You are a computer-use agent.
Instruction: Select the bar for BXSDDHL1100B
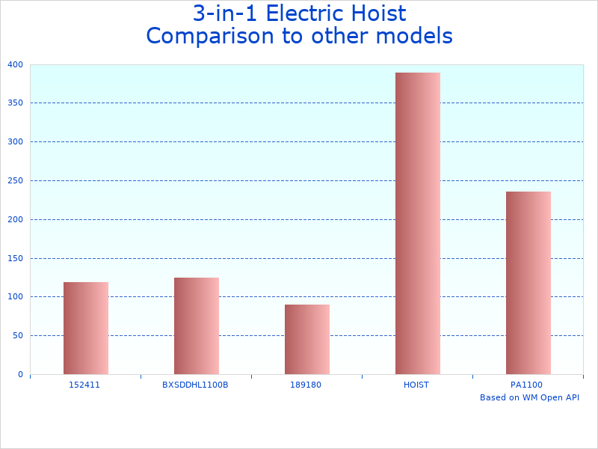197,326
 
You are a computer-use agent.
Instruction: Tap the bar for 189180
307,339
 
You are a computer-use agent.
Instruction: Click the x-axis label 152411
84,385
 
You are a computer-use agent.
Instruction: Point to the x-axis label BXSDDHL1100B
195,385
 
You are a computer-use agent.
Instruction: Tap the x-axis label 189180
306,385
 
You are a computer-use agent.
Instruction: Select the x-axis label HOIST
416,385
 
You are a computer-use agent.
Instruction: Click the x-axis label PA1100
527,385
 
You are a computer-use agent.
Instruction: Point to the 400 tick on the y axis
16,64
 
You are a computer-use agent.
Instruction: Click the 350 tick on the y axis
16,103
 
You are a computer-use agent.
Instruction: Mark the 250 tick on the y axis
16,180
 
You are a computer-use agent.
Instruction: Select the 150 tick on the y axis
16,258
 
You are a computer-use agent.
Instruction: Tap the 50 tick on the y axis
18,336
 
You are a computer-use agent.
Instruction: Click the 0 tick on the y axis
20,374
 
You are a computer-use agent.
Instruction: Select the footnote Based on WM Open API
529,397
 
